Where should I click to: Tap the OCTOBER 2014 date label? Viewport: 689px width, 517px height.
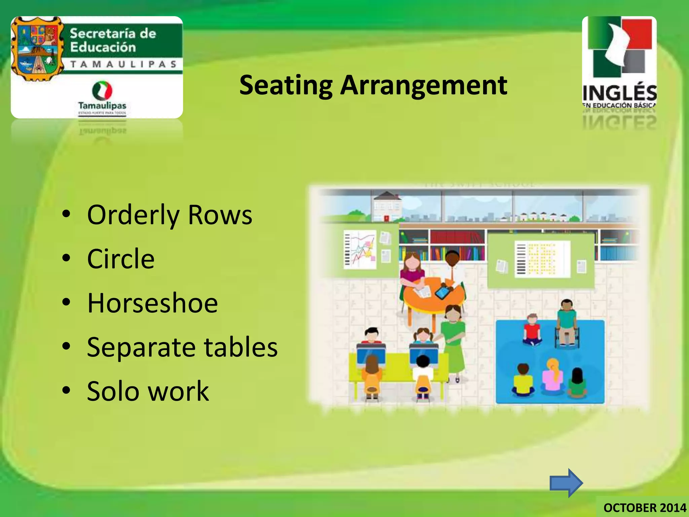click(645, 508)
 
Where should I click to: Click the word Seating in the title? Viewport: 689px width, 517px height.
click(286, 85)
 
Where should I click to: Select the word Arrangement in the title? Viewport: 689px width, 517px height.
click(424, 85)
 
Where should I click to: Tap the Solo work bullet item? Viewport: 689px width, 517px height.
click(148, 391)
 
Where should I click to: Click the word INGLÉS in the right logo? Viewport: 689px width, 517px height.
click(619, 93)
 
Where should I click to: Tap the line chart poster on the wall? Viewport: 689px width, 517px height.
click(360, 249)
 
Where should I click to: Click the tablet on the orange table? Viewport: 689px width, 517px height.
click(443, 292)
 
